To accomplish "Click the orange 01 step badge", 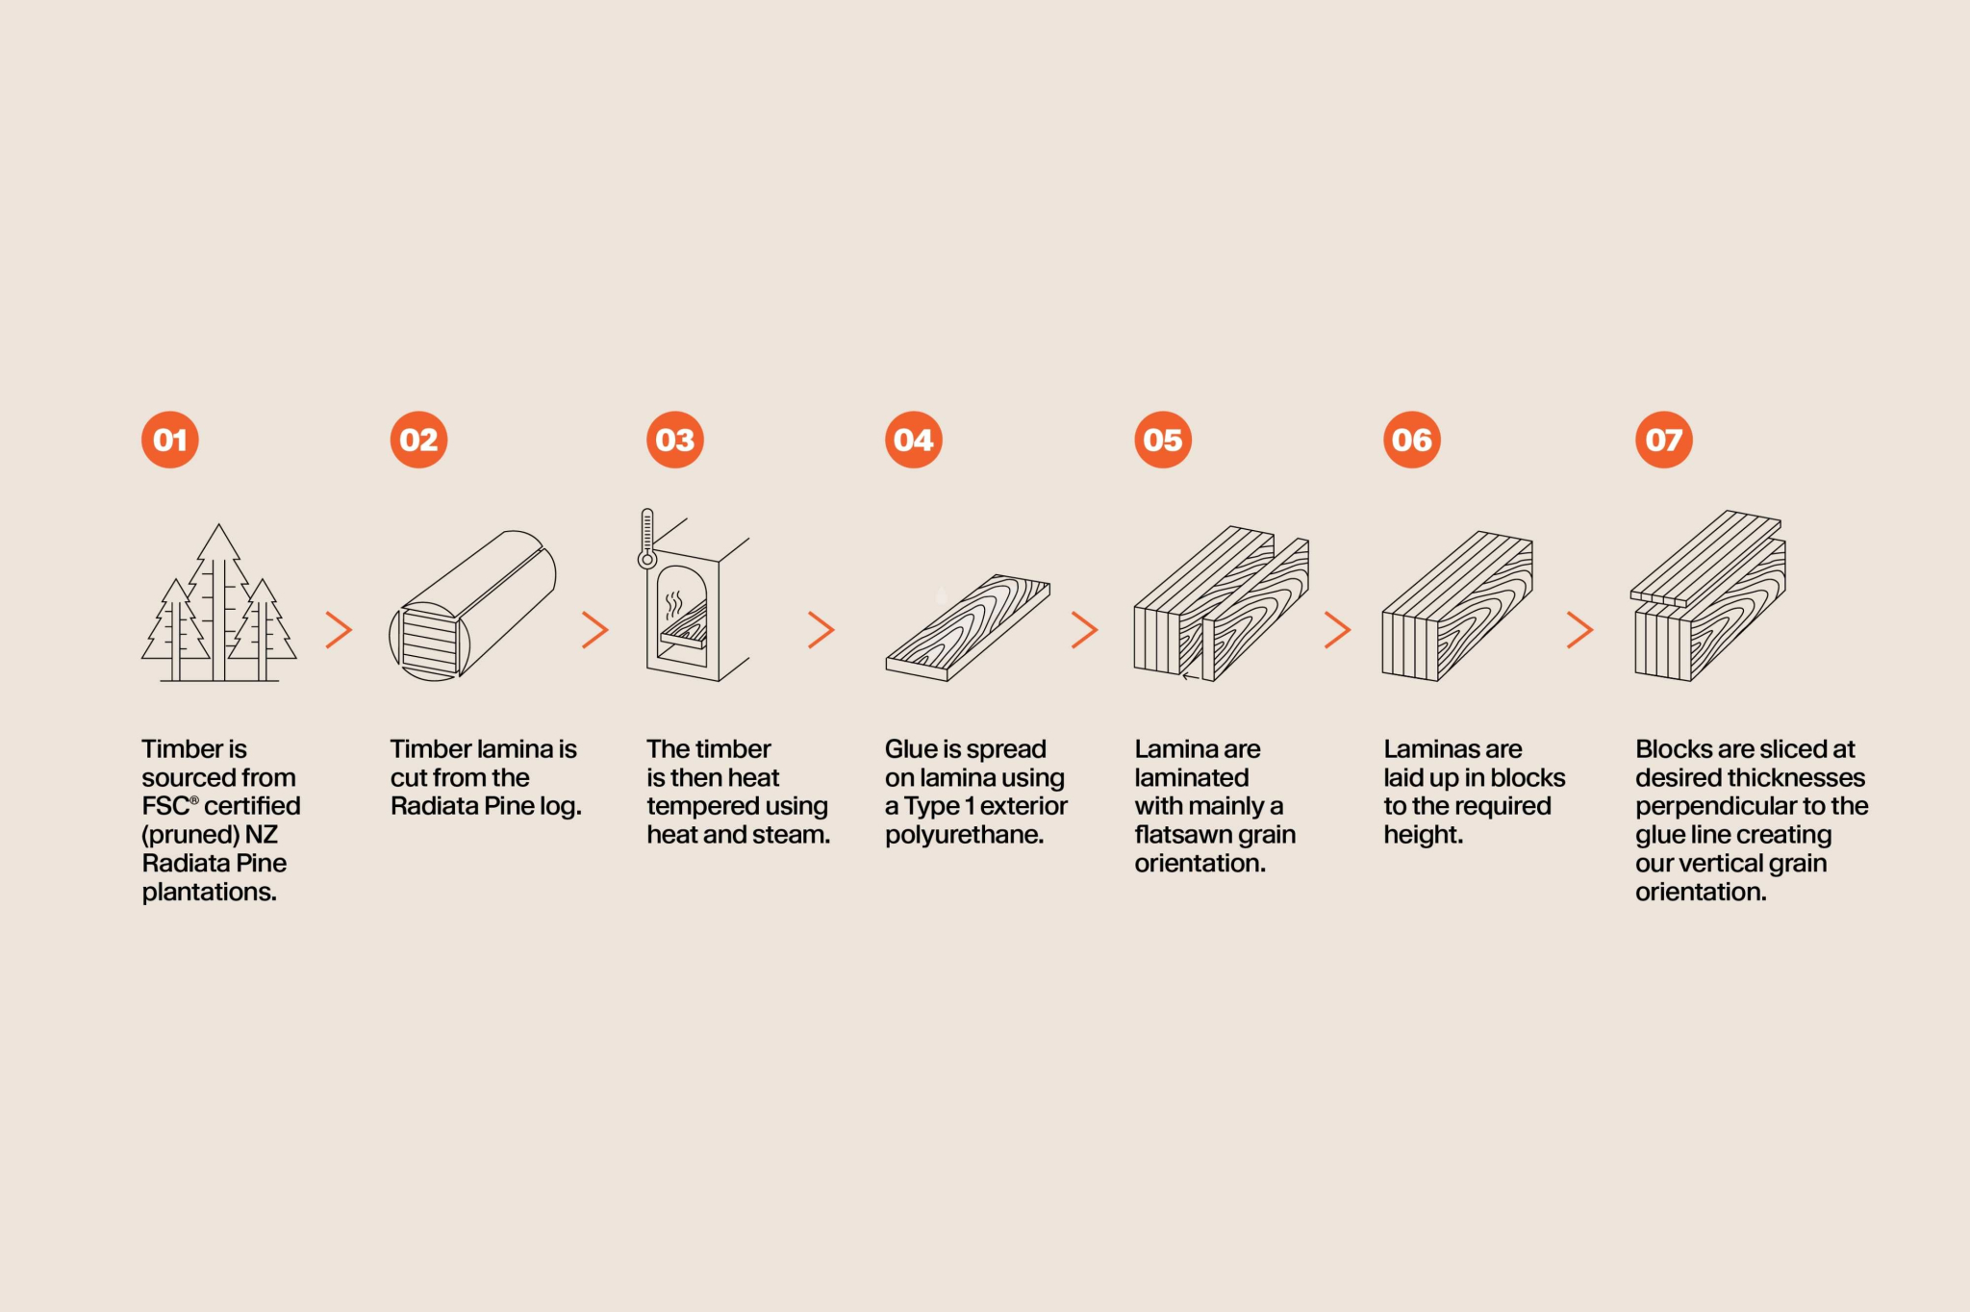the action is click(170, 440).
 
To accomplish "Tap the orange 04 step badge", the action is click(913, 440).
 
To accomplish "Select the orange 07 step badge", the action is click(1663, 440).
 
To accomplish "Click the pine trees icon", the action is click(219, 603).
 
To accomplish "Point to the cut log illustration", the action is click(472, 605).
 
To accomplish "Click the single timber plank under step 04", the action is click(968, 627).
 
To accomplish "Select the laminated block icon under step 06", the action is click(1457, 606).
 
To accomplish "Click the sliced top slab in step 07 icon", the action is click(1705, 558).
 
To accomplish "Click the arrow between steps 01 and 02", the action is click(339, 630).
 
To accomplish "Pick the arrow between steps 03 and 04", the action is click(821, 630).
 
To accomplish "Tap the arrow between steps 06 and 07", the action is click(1579, 630).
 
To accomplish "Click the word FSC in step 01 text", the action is click(166, 806).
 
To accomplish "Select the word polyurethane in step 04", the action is click(964, 835).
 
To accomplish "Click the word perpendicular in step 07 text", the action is click(1702, 806).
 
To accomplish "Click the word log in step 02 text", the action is click(560, 806).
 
